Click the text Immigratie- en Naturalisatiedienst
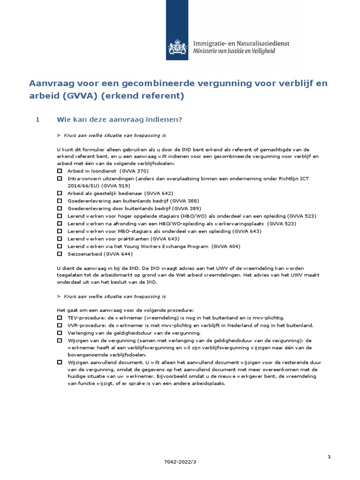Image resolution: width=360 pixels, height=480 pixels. pos(241,43)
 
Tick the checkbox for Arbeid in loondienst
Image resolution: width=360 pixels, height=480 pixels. pos(60,172)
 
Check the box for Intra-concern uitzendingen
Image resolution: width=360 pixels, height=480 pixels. pos(60,179)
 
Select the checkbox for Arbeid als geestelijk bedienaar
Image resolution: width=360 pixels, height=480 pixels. pos(60,193)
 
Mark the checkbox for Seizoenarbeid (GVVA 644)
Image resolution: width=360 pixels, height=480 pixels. pos(60,254)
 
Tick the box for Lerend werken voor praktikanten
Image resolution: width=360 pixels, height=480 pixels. pos(60,239)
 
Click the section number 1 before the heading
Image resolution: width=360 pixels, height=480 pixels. pos(37,120)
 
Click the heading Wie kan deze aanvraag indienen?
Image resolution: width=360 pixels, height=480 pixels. pos(119,120)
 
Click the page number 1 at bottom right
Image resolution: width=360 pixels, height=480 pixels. pos(329,456)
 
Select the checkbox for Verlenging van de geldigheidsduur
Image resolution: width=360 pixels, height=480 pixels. pos(60,333)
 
